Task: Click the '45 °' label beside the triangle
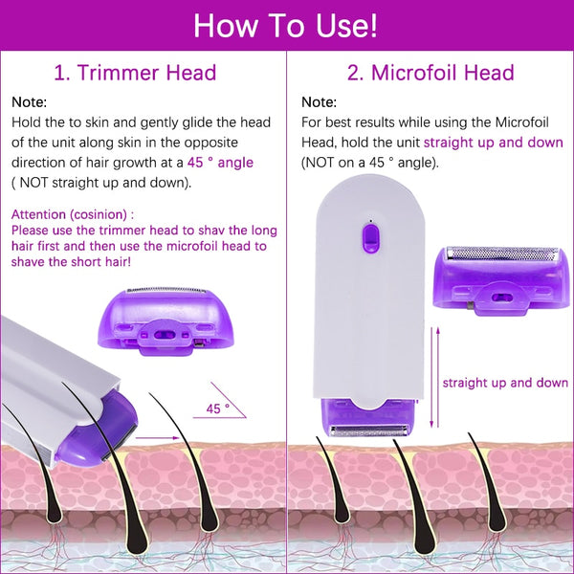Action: pyautogui.click(x=217, y=408)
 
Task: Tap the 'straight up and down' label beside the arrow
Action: pyautogui.click(x=505, y=383)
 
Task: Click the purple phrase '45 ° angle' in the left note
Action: pyautogui.click(x=222, y=163)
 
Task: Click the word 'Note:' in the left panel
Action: pyautogui.click(x=29, y=102)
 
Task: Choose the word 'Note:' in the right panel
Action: pyautogui.click(x=319, y=102)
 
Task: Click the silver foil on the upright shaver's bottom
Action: pyautogui.click(x=365, y=430)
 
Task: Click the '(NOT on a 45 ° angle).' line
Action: pyautogui.click(x=370, y=163)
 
